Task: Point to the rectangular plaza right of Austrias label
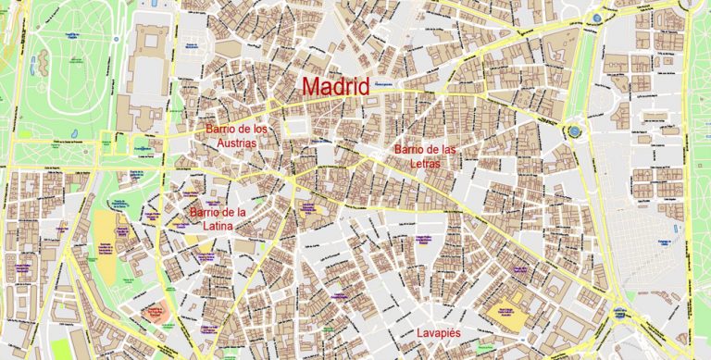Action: pyautogui.click(x=299, y=127)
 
